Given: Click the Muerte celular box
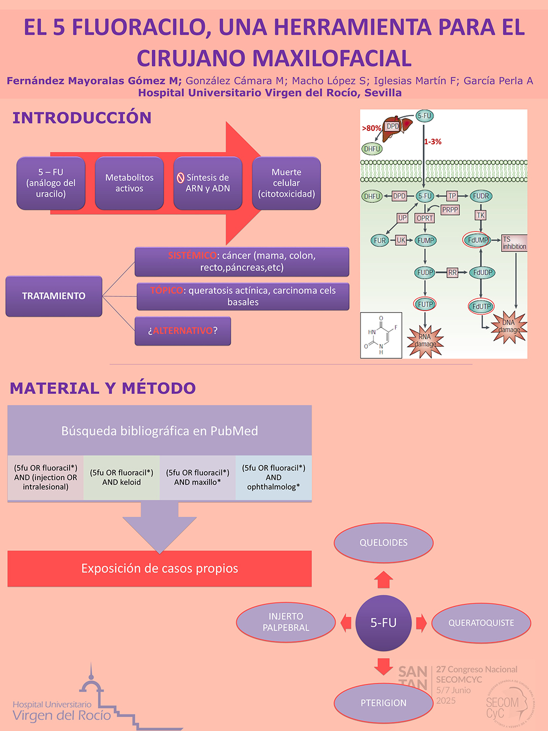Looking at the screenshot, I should (x=286, y=183).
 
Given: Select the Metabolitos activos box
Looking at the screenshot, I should (x=129, y=183).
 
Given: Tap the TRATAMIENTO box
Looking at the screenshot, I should (x=54, y=296).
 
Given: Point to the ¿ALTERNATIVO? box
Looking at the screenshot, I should (x=183, y=331).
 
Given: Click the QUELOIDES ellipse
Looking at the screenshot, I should (x=384, y=543).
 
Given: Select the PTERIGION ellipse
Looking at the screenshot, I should (x=384, y=703).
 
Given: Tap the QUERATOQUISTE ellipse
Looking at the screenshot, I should (x=481, y=623).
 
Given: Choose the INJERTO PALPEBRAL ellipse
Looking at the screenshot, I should (x=286, y=622).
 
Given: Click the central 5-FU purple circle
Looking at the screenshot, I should (x=384, y=623).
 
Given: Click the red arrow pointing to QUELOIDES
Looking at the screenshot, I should (x=384, y=579).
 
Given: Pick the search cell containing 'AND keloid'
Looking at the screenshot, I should (x=122, y=478).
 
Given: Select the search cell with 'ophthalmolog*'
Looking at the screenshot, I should (x=273, y=478).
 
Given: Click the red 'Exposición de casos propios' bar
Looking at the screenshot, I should (x=159, y=569).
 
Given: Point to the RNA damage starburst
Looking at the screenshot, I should (x=425, y=341).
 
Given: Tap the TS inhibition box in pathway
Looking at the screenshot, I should (x=514, y=243).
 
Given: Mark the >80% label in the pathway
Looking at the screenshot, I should (x=371, y=128).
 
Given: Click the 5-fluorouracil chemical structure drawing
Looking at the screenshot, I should (x=381, y=336).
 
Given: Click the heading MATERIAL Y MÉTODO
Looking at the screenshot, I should (x=102, y=388).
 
